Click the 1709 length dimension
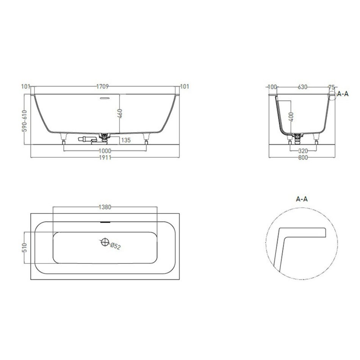point(102,86)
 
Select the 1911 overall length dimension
point(105,158)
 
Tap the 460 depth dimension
point(120,114)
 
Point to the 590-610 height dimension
point(24,121)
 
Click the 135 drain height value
point(126,140)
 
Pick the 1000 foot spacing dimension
point(105,151)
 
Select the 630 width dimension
point(302,87)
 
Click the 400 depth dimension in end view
point(291,117)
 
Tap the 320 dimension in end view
point(303,151)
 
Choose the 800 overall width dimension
point(303,158)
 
